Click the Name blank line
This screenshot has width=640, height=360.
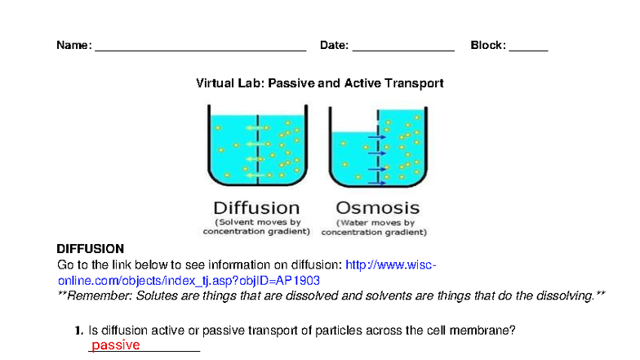(200, 47)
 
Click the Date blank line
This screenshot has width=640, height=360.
(403, 47)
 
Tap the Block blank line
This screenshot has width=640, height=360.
(528, 47)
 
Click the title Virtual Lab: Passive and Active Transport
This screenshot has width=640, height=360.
(319, 83)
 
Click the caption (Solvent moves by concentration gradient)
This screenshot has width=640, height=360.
(257, 227)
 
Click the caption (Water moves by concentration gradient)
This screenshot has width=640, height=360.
(374, 227)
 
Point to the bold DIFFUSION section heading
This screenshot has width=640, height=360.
(90, 248)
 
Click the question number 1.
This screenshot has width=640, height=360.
(79, 331)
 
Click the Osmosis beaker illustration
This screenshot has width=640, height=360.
(378, 147)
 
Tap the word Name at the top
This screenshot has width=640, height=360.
(73, 46)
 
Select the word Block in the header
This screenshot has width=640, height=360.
(487, 46)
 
